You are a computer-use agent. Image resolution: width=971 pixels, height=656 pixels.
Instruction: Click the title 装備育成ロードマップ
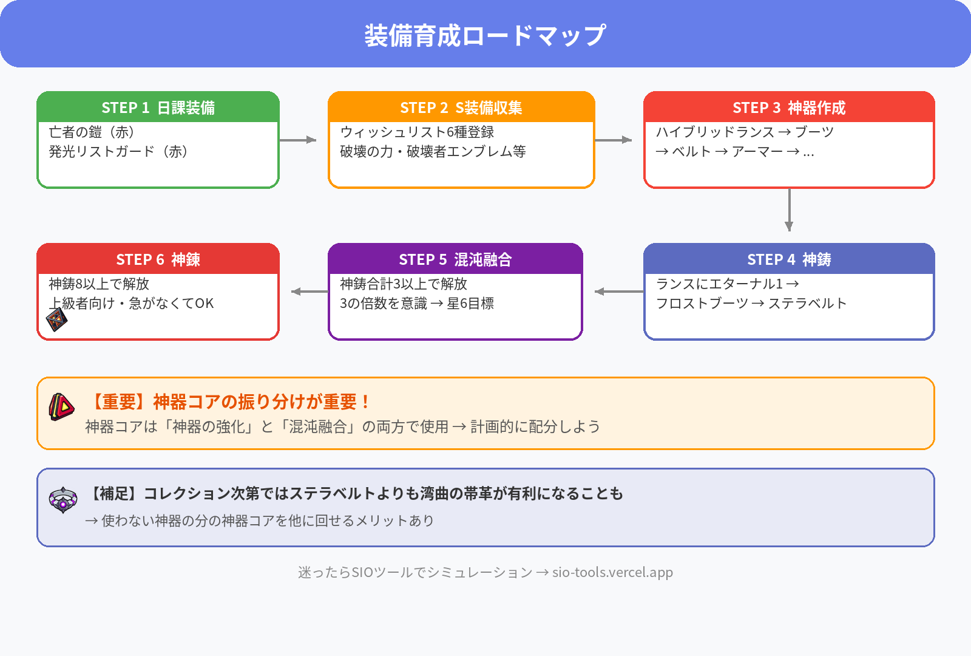[486, 35]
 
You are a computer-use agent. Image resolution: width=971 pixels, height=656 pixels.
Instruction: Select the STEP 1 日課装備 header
[158, 108]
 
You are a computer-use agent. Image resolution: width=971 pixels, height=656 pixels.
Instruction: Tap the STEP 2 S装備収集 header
[461, 108]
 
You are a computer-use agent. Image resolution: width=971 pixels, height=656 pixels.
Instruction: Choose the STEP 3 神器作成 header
[789, 108]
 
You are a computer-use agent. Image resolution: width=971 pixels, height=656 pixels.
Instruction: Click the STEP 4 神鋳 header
[789, 259]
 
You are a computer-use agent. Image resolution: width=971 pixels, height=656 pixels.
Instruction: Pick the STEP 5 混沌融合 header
[455, 259]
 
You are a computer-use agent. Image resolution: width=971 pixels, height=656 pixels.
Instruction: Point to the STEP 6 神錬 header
[158, 259]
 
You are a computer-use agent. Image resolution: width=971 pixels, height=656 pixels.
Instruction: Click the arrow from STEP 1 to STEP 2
[298, 140]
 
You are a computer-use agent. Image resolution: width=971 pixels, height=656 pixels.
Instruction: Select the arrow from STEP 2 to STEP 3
[614, 140]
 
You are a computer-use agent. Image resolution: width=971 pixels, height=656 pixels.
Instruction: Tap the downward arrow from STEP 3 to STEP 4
[789, 210]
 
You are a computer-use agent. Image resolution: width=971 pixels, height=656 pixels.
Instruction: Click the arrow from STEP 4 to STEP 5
[619, 292]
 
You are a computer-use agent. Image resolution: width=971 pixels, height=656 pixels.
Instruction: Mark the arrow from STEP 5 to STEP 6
[310, 292]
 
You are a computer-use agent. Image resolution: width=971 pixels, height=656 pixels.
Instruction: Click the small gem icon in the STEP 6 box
[56, 319]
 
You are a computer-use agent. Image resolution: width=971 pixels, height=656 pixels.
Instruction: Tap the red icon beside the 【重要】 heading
[61, 406]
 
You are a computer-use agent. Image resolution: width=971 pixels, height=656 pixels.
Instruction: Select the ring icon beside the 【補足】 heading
[63, 499]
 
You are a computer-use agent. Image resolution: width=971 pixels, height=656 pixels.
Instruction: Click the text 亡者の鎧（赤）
[92, 132]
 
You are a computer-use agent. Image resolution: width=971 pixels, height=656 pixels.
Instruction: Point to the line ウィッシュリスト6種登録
[417, 132]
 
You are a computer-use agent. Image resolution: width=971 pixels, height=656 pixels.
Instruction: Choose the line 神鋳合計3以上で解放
[404, 284]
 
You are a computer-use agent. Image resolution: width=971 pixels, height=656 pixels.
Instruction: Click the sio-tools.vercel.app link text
[612, 572]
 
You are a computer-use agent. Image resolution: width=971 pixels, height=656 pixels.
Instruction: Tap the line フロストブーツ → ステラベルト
[751, 303]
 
